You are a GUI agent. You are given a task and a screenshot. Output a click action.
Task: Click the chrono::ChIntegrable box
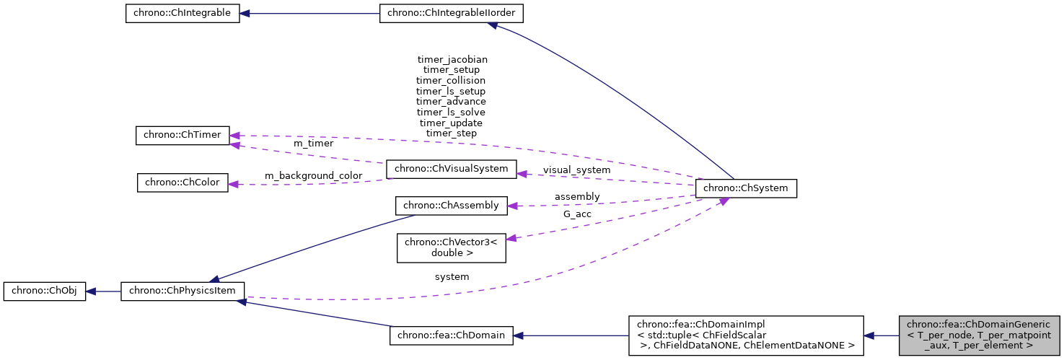click(x=183, y=14)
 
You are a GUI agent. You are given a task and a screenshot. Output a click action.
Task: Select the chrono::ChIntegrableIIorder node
click(x=452, y=14)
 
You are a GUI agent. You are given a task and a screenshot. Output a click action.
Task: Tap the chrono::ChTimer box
click(x=183, y=135)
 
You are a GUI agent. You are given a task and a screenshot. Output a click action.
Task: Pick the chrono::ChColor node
click(x=183, y=183)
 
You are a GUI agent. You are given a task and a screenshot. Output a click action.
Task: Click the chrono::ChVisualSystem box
click(x=452, y=170)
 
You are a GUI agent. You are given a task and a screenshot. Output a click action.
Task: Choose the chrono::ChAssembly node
click(x=452, y=206)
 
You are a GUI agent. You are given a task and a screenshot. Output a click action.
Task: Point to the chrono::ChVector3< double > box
click(x=452, y=247)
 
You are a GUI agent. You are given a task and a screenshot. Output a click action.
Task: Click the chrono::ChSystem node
click(x=745, y=188)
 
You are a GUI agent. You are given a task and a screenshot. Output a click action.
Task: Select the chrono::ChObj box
click(x=45, y=291)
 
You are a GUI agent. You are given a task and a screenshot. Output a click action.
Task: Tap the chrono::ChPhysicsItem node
click(x=183, y=291)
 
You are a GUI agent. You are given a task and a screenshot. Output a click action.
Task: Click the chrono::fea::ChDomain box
click(x=452, y=335)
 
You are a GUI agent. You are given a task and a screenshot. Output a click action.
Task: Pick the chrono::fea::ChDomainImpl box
click(x=745, y=335)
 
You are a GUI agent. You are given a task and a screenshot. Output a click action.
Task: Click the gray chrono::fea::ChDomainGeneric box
click(x=979, y=335)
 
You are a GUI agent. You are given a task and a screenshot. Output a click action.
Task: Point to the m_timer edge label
click(x=313, y=144)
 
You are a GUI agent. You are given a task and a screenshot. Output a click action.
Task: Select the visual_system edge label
click(x=576, y=170)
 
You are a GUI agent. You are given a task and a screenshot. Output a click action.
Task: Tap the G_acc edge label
click(x=577, y=214)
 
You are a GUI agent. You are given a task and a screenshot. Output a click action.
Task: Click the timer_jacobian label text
click(x=452, y=59)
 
